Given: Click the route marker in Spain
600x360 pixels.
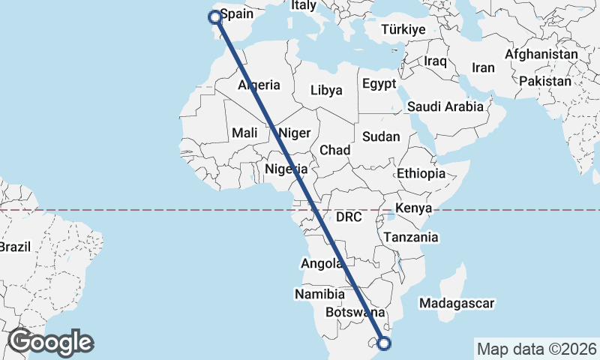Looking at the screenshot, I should pos(215,16).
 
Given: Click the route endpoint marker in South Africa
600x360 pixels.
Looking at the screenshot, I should pos(385,344).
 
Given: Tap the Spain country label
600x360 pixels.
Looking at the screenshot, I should pos(237,14).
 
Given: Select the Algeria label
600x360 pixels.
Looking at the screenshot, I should pos(259,85).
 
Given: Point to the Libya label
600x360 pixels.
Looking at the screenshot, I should pos(326,90).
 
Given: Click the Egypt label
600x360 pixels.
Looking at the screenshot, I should pos(379,83).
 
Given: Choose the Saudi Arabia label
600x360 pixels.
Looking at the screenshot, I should pos(445,106).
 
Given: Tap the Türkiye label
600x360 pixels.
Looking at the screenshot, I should pos(403,30).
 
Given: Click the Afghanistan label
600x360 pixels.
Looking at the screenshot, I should pos(541,55).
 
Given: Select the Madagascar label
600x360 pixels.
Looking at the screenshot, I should pos(457,304).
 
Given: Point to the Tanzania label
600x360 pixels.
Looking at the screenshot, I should pos(410,237).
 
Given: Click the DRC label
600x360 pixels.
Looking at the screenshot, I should pos(349,217).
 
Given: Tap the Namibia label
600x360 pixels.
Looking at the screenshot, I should pos(319,294).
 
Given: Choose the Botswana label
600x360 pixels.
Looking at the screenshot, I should pos(355,312).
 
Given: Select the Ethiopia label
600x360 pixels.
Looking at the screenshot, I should pos(421,173).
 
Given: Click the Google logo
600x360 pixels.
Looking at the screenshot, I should pos(51,343).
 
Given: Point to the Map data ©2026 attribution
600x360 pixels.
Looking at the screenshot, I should pos(536,349).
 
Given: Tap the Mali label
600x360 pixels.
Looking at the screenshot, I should pos(244,133).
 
